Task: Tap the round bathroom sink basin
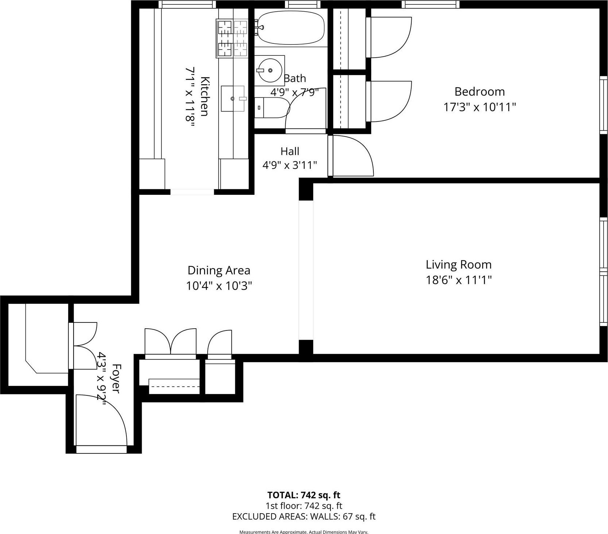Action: click(270, 70)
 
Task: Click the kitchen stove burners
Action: click(232, 39)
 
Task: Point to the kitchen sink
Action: click(233, 98)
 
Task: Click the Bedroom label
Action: click(479, 91)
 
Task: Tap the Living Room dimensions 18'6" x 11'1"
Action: click(459, 280)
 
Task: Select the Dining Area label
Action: click(219, 270)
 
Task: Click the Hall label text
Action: click(290, 151)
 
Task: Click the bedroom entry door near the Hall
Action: click(352, 157)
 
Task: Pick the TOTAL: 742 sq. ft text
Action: click(304, 495)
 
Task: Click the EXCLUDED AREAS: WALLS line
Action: click(304, 516)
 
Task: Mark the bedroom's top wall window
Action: click(430, 4)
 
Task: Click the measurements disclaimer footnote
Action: click(304, 532)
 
